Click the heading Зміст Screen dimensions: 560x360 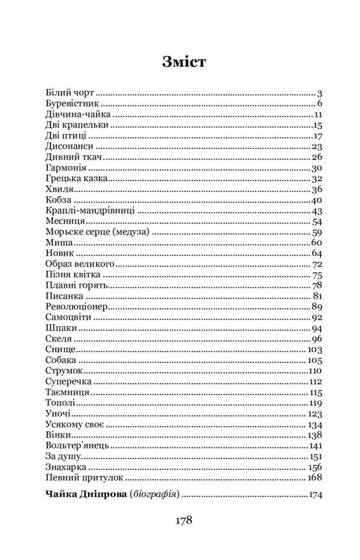(184, 62)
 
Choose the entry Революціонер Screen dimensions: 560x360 (76, 307)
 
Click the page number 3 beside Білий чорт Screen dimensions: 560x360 (320, 94)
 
